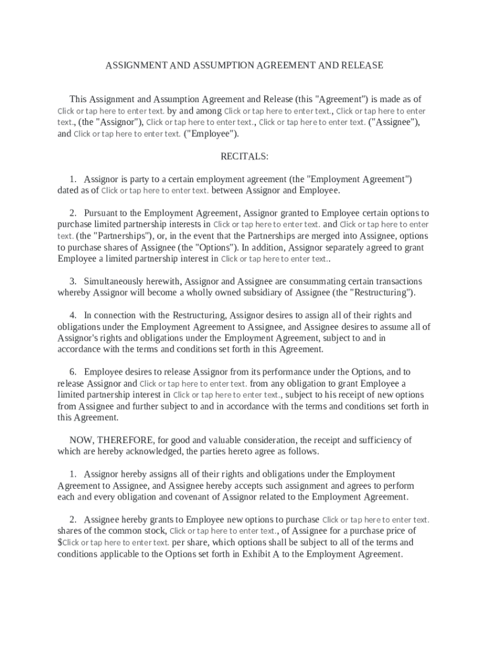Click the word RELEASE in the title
363,65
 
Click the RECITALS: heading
245,156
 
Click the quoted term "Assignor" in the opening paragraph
111,123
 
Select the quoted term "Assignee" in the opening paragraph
394,123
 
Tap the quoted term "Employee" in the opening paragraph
211,134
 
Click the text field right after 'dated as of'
155,190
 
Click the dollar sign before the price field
60,543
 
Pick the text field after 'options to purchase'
376,520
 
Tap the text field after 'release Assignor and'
193,383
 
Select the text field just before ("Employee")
127,134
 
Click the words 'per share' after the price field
189,543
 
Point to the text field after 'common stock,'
223,531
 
